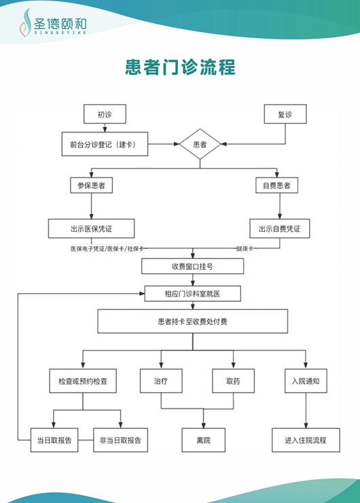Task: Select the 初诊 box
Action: click(x=104, y=114)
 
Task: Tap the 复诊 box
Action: click(x=285, y=114)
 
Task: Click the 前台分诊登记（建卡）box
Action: click(x=104, y=144)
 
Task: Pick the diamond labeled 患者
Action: click(x=200, y=145)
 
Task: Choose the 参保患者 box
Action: click(x=91, y=185)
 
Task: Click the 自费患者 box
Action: click(x=277, y=185)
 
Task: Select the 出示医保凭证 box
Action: click(x=91, y=228)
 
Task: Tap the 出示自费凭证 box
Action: click(x=279, y=228)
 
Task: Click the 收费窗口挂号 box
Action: click(x=192, y=266)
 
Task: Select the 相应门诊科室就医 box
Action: click(x=192, y=294)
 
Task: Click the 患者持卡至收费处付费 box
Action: click(x=192, y=322)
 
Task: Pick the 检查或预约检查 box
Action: click(x=83, y=381)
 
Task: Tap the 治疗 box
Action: click(x=160, y=381)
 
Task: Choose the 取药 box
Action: click(x=233, y=381)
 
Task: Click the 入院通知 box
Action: click(x=305, y=381)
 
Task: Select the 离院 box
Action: click(x=204, y=440)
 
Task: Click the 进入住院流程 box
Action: click(x=305, y=440)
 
